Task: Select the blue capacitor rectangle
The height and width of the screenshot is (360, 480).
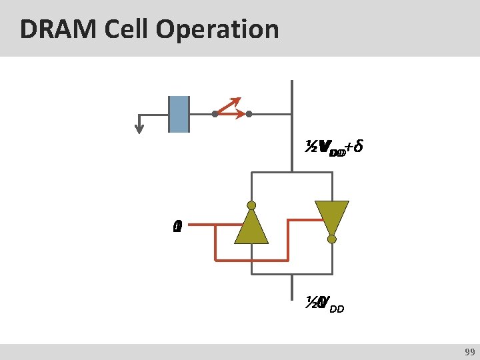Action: click(179, 114)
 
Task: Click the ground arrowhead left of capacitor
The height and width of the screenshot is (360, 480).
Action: click(139, 129)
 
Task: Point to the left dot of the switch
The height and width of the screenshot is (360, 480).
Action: click(215, 114)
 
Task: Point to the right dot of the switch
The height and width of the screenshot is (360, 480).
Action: click(249, 114)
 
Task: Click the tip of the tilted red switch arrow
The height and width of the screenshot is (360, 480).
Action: click(239, 100)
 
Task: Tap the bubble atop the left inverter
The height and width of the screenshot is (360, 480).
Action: click(251, 205)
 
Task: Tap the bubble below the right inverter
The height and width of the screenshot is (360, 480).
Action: click(331, 239)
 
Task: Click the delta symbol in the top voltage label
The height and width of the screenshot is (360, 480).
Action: click(358, 146)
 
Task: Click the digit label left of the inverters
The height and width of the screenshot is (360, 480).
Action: click(176, 227)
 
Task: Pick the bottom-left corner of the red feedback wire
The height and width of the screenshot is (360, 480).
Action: click(215, 257)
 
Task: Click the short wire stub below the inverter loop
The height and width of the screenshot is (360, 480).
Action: click(291, 289)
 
